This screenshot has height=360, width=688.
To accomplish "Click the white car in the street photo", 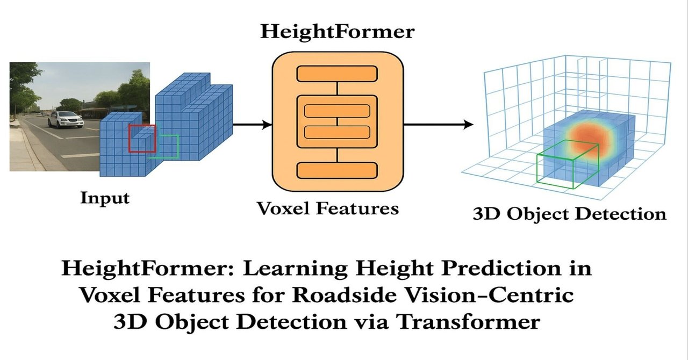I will click(66, 119).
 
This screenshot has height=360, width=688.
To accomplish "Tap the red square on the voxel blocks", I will click(142, 138).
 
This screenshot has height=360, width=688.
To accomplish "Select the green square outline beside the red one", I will click(171, 147).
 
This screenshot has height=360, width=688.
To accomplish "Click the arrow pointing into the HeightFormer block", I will click(252, 125).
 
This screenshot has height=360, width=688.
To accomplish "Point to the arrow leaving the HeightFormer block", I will click(438, 125).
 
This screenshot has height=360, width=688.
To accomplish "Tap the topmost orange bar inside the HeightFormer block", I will click(337, 73).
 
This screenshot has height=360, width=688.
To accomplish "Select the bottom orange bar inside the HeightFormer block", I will click(337, 171).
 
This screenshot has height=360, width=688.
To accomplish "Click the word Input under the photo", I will click(105, 198).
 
